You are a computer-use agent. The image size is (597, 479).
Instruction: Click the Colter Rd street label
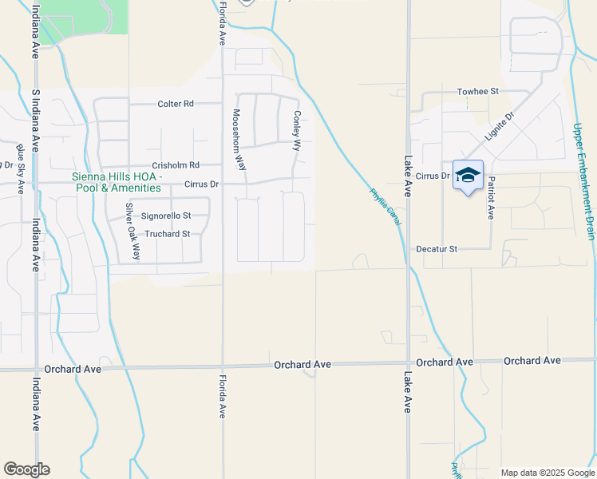[176, 104]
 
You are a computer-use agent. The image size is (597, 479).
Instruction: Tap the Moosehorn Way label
[238, 141]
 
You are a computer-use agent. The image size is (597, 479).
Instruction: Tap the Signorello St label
[166, 216]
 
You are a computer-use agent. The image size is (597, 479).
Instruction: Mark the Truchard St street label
[167, 234]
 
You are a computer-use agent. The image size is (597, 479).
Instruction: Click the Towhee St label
[477, 92]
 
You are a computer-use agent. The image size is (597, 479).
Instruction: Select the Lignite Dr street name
[499, 127]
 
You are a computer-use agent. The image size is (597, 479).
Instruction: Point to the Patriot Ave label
[491, 197]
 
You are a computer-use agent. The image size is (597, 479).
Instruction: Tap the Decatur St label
[437, 249]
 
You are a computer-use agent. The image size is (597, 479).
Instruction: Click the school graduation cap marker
[468, 176]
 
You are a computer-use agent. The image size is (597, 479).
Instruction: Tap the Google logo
[26, 469]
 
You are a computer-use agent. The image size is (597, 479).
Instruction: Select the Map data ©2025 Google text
[547, 473]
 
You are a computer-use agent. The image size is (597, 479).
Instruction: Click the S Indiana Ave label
[35, 121]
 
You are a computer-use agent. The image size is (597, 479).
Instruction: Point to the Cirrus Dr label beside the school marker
[433, 176]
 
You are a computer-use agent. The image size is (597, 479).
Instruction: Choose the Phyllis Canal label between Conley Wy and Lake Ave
[385, 206]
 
